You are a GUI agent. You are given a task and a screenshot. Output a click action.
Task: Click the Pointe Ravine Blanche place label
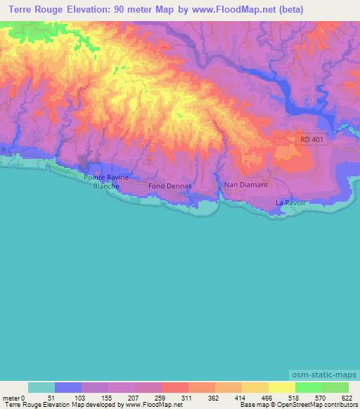tap(106, 181)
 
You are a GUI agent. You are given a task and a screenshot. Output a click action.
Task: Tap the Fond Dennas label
tap(166, 186)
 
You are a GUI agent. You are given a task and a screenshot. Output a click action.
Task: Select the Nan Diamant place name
tap(245, 185)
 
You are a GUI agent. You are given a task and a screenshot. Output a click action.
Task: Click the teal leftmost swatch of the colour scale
tap(41, 387)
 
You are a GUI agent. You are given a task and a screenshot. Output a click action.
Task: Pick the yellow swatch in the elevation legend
tap(281, 387)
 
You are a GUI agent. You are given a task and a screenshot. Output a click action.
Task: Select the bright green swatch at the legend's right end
tap(335, 387)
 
